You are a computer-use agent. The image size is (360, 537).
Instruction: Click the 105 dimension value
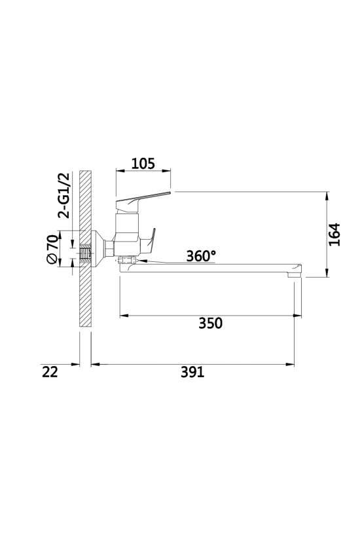click(143, 164)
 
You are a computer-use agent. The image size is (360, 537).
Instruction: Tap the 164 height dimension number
click(334, 234)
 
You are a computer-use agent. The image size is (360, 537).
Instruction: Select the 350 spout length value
click(211, 324)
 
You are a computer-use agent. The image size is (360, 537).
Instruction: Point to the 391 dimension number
click(192, 372)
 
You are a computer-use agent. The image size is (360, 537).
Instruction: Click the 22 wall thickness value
click(50, 372)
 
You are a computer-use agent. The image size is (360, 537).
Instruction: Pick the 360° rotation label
click(201, 256)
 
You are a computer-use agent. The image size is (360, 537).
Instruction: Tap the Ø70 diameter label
click(52, 249)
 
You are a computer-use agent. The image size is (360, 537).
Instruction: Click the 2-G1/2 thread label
click(63, 196)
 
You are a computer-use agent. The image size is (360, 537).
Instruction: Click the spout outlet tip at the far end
click(295, 274)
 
